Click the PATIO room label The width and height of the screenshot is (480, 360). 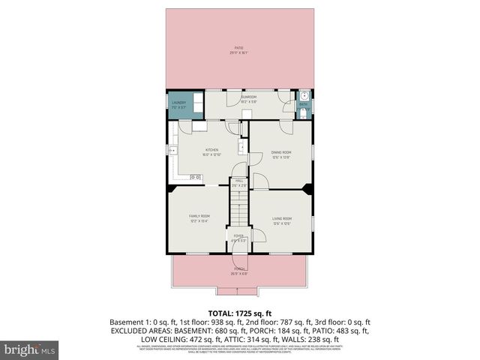pos(239,48)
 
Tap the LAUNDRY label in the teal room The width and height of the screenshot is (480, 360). pos(178,103)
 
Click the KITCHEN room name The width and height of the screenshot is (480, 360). pos(212,150)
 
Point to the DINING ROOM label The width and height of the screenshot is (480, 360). pos(280,152)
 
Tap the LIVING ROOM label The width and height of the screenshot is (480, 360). pos(281,218)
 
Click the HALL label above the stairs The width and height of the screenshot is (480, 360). pos(239,180)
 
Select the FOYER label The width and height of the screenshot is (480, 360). pos(238,235)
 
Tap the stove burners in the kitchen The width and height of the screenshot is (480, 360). pos(196,177)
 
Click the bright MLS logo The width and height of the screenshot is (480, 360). pos(30,349)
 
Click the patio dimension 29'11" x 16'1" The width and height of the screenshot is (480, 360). pos(239,53)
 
